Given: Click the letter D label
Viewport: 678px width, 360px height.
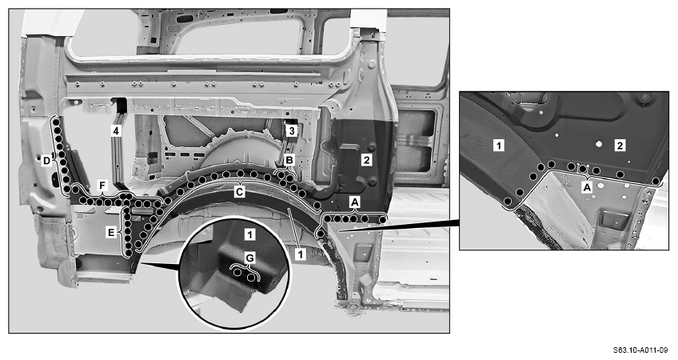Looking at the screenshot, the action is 46,162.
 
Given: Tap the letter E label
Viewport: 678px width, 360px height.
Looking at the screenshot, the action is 111,233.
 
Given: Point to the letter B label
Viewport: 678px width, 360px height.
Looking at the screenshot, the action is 289,160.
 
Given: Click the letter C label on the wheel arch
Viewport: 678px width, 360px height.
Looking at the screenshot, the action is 239,192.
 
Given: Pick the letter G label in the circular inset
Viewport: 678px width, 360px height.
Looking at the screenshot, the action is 250,258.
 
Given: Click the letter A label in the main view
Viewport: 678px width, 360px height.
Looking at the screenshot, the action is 354,202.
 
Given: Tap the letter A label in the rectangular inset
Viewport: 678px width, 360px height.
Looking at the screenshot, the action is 587,187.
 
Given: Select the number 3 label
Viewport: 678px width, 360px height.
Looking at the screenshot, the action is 292,130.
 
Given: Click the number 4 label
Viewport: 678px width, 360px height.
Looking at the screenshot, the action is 115,130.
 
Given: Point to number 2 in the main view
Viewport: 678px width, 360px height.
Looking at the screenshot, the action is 367,160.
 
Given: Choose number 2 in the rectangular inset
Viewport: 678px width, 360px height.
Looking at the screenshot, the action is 620,146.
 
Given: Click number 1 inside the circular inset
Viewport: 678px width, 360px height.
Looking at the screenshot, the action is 250,235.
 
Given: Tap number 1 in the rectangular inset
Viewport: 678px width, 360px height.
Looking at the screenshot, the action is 499,146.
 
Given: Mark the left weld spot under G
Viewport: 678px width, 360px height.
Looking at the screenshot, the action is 237,273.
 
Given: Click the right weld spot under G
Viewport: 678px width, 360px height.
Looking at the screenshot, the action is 251,276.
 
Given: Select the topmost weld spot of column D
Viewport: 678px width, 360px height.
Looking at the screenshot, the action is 56,122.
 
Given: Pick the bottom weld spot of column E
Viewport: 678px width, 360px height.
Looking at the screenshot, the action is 128,253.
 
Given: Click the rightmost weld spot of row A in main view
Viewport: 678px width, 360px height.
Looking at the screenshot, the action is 382,220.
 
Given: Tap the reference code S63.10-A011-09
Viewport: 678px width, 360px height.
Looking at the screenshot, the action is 640,350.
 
